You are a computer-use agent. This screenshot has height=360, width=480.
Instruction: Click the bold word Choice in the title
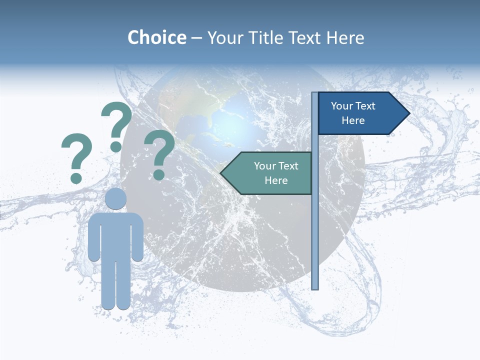pyautogui.click(x=156, y=37)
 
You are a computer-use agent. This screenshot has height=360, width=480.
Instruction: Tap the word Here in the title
pyautogui.click(x=345, y=37)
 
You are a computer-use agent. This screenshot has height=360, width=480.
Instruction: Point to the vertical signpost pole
pyautogui.click(x=315, y=225)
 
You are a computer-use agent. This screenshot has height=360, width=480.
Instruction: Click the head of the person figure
pyautogui.click(x=115, y=198)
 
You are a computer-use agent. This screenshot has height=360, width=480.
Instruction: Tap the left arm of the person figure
pyautogui.click(x=93, y=237)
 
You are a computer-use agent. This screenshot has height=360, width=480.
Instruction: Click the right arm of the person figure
pyautogui.click(x=137, y=237)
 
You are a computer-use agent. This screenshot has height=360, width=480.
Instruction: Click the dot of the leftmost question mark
pyautogui.click(x=76, y=177)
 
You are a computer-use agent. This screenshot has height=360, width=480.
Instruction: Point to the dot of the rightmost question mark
pyautogui.click(x=158, y=174)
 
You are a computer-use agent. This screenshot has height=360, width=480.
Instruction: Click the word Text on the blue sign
pyautogui.click(x=365, y=106)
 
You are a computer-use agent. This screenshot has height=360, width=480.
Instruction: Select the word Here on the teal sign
pyautogui.click(x=276, y=180)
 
